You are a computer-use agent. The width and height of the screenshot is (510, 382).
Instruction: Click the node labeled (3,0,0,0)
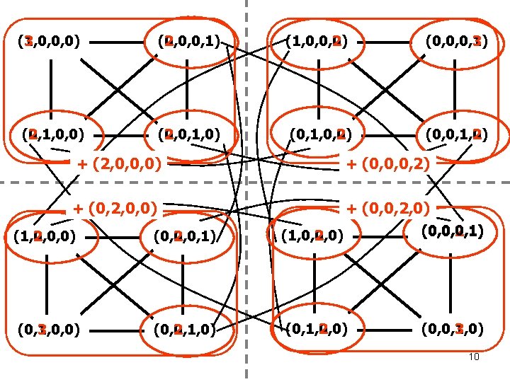coord(48,41)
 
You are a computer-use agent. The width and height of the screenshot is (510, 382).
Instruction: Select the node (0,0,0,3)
coord(456,41)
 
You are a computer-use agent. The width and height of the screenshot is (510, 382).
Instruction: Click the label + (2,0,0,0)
coord(118,164)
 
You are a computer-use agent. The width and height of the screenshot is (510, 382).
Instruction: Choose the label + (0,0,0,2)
coord(387,164)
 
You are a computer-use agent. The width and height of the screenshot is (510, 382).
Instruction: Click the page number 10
coord(475,357)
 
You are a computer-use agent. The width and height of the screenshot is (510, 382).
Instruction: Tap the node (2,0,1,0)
coord(188,133)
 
